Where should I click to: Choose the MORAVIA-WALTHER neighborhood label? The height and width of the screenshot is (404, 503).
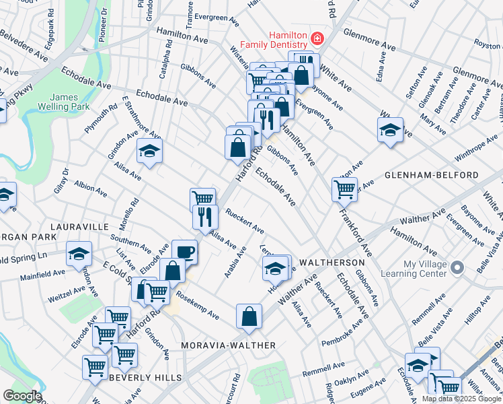click(229, 345)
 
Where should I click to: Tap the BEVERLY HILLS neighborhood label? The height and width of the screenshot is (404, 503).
click(143, 378)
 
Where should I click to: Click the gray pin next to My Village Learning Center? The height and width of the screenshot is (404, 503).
click(457, 268)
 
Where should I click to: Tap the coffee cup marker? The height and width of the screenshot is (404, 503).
click(184, 252)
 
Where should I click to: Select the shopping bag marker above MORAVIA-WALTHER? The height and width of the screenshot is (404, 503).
click(249, 316)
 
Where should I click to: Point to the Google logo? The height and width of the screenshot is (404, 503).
click(22, 396)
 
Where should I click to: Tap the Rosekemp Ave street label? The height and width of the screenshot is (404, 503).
click(198, 305)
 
